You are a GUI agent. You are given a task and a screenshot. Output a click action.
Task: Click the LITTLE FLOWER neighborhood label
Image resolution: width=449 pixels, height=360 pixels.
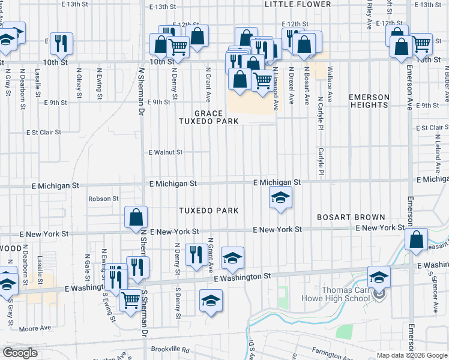point(298,4)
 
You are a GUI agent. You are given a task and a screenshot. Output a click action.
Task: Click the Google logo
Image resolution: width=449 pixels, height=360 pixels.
point(20,352)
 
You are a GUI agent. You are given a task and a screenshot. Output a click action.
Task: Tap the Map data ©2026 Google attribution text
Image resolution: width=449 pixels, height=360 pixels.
point(412,355)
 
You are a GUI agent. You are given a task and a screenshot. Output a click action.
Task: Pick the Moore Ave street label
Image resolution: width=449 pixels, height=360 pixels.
point(35,328)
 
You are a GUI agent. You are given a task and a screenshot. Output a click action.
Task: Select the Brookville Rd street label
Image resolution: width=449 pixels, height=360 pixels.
point(170,349)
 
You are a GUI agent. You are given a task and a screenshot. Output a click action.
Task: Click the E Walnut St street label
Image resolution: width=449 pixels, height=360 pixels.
point(166,152)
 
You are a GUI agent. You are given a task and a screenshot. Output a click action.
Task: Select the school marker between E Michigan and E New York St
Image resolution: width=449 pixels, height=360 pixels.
point(280,199)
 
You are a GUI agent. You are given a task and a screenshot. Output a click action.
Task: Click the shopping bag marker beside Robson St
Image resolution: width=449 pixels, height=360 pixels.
point(136,217)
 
